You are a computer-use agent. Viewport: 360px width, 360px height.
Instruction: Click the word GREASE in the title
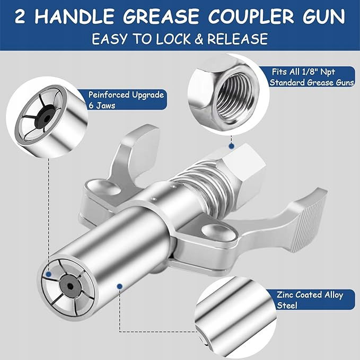pos(161,16)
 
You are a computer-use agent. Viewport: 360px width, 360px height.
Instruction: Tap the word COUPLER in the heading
pos(251,16)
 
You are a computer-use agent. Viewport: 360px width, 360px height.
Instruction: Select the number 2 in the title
pos(20,16)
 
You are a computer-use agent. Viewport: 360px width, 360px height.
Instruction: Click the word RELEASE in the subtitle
pos(238,39)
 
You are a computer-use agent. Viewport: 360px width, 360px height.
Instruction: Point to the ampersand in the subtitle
pos(199,39)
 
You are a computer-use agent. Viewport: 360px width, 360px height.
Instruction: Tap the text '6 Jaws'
pos(102,106)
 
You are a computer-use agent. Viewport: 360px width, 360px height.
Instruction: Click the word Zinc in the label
pos(286,294)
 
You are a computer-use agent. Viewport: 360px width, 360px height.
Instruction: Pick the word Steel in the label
pos(287,305)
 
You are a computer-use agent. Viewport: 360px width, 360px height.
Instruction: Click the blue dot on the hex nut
pos(231,146)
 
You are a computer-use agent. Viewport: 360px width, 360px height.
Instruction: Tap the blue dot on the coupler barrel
pos(119,286)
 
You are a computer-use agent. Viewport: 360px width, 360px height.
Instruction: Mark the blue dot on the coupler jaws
pos(48,274)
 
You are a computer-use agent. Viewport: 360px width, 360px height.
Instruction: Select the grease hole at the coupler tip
pos(71,286)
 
